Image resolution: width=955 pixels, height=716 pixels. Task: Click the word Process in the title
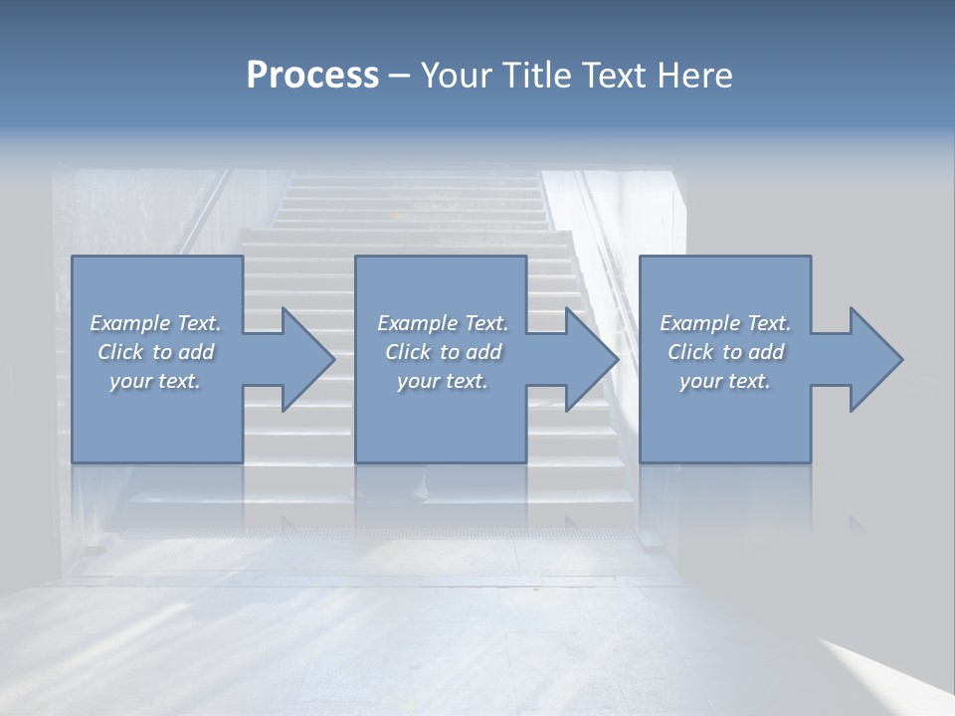312,76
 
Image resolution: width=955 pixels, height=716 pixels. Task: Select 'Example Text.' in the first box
155,323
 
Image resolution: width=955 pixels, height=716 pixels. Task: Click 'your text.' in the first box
155,381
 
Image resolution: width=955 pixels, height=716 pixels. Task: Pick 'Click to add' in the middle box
443,352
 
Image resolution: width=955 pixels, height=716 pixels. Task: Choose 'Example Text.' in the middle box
443,323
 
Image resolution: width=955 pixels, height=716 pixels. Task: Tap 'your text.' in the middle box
443,381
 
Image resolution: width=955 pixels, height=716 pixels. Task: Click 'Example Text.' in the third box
725,323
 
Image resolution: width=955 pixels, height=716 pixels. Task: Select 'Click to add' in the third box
725,352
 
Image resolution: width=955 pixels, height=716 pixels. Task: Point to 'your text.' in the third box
725,381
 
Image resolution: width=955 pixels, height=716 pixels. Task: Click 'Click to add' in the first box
155,352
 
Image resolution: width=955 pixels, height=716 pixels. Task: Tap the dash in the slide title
400,77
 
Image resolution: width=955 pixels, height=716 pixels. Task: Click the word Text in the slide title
611,76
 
